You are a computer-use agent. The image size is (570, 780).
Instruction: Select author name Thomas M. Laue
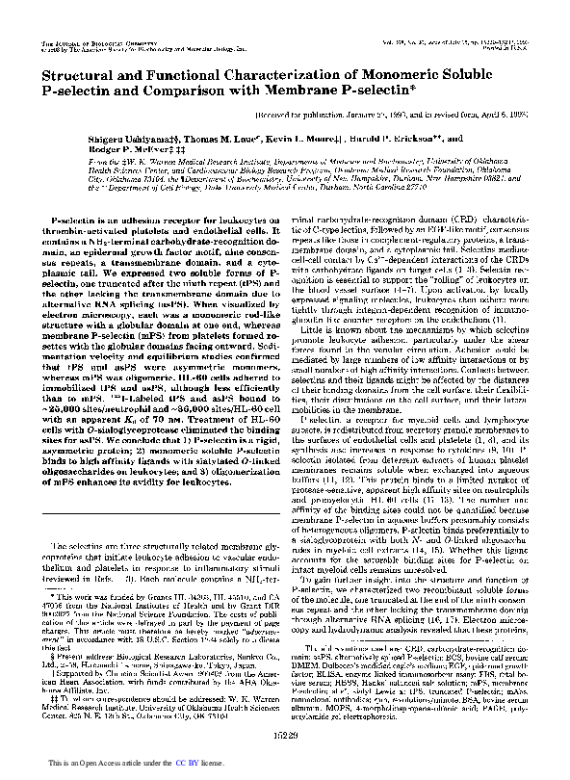pos(184,138)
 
